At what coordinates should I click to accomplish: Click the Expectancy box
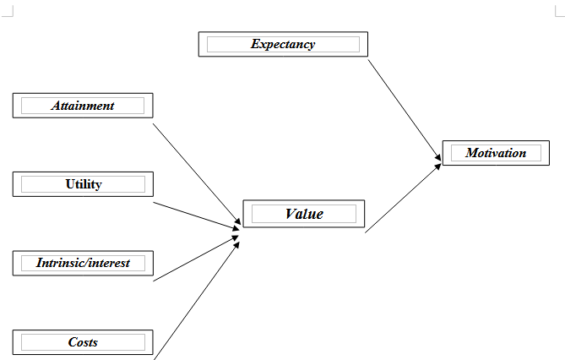[283, 44]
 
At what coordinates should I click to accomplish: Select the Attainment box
[83, 106]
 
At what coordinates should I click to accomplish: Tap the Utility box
[83, 184]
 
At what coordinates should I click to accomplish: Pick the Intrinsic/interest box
[83, 263]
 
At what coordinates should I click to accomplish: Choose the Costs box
[83, 342]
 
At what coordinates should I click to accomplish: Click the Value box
[304, 214]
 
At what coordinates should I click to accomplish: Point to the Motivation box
[496, 153]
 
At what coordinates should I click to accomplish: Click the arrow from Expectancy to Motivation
[405, 110]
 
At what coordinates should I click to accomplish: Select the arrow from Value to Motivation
[403, 198]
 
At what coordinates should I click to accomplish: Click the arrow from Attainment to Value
[197, 174]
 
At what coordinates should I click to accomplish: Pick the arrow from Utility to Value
[197, 215]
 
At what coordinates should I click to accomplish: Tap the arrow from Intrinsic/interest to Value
[196, 259]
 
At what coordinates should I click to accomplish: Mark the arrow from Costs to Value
[197, 301]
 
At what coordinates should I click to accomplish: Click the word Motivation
[496, 153]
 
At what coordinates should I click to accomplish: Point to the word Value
[304, 214]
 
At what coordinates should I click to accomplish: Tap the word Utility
[84, 184]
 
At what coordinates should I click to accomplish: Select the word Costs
[83, 342]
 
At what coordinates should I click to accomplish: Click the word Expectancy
[283, 45]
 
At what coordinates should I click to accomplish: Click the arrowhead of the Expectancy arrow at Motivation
[438, 157]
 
